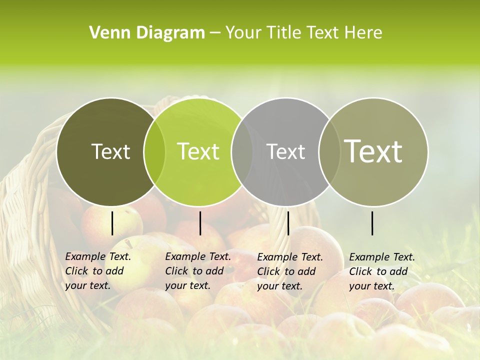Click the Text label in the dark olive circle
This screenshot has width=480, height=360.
[110, 152]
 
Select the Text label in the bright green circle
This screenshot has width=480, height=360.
[198, 152]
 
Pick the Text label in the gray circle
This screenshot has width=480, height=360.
[285, 152]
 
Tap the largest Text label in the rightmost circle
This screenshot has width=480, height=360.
[373, 151]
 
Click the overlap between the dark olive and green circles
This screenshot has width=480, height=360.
[154, 152]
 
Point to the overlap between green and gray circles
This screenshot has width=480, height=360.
[242, 152]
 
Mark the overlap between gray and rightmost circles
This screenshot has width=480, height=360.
[329, 152]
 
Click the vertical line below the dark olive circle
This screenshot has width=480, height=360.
[112, 223]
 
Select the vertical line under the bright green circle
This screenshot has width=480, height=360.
[200, 223]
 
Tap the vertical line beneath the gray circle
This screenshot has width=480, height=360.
[288, 223]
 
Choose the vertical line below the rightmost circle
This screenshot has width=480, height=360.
[372, 223]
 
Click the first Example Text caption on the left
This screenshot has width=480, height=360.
[98, 271]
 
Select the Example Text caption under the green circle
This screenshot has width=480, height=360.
[198, 271]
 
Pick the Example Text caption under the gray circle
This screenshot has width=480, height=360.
[290, 271]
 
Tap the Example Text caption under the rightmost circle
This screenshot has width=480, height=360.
[382, 271]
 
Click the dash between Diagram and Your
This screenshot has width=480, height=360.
[215, 33]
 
